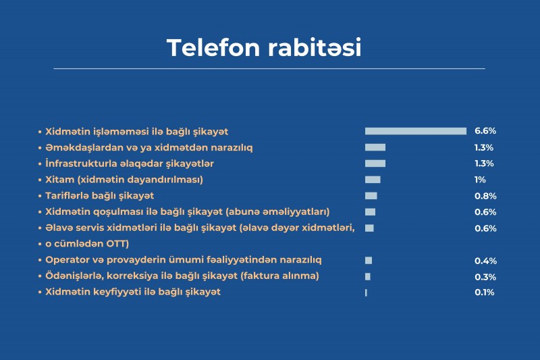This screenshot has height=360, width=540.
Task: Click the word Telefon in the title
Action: [x=213, y=47]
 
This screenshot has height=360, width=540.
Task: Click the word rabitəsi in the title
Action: [x=315, y=47]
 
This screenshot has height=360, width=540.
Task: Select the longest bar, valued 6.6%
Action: [x=416, y=131]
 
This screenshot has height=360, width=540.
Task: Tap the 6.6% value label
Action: [x=485, y=131]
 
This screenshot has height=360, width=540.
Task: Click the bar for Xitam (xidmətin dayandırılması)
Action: [x=373, y=180]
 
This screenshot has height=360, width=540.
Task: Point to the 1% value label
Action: [x=480, y=180]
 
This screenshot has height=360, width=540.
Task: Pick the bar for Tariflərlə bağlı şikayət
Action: [x=371, y=196]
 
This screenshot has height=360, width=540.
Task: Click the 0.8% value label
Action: [x=485, y=196]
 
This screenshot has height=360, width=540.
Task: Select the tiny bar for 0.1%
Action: [x=366, y=292]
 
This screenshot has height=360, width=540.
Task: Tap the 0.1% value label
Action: [x=485, y=292]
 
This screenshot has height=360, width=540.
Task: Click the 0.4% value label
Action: [x=485, y=261]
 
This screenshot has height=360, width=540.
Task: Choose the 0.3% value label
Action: [x=485, y=277]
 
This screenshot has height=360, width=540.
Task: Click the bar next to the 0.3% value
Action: [x=368, y=276]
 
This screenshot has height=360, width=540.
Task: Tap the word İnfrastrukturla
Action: [x=81, y=163]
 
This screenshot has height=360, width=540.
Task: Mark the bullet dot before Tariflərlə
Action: [x=40, y=196]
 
